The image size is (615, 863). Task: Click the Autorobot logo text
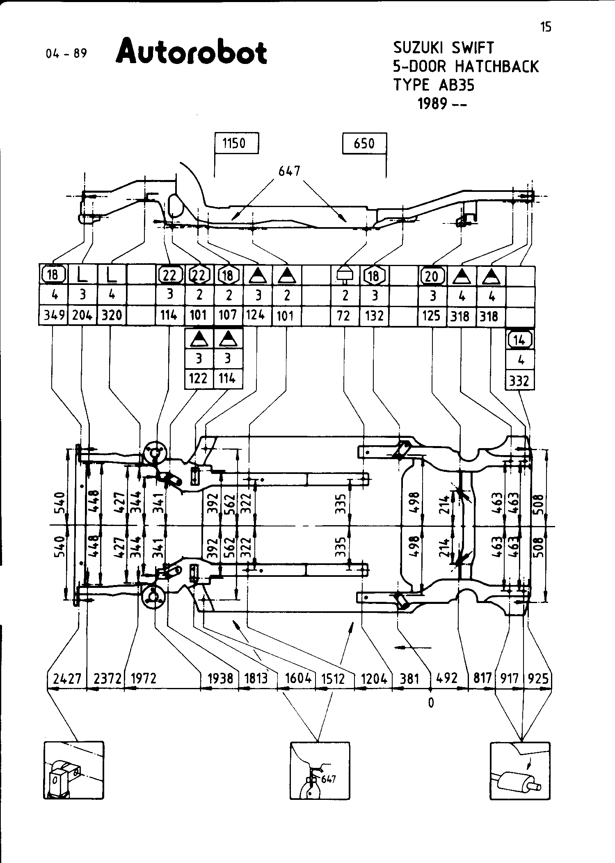click(x=191, y=52)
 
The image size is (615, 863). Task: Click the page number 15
click(x=546, y=27)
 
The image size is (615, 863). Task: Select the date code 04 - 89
click(x=66, y=54)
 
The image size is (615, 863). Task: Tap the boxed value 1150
click(x=237, y=143)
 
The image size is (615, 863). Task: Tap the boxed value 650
click(x=364, y=143)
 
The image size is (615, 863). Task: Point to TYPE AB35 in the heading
click(x=434, y=85)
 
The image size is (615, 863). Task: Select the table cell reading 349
click(x=53, y=315)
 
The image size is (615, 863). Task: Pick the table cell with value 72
click(x=345, y=315)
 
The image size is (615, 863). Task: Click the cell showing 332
click(x=520, y=381)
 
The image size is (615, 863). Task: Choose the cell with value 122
click(x=199, y=378)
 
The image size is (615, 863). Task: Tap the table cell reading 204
click(x=82, y=315)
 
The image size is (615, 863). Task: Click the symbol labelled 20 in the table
click(x=432, y=276)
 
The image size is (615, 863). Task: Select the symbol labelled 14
click(x=520, y=339)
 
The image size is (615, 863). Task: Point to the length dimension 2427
click(x=68, y=679)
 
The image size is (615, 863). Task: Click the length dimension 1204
click(x=374, y=679)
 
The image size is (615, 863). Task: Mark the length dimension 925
click(x=538, y=679)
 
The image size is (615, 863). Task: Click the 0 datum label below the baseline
click(x=431, y=703)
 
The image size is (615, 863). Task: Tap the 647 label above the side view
click(x=289, y=171)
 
